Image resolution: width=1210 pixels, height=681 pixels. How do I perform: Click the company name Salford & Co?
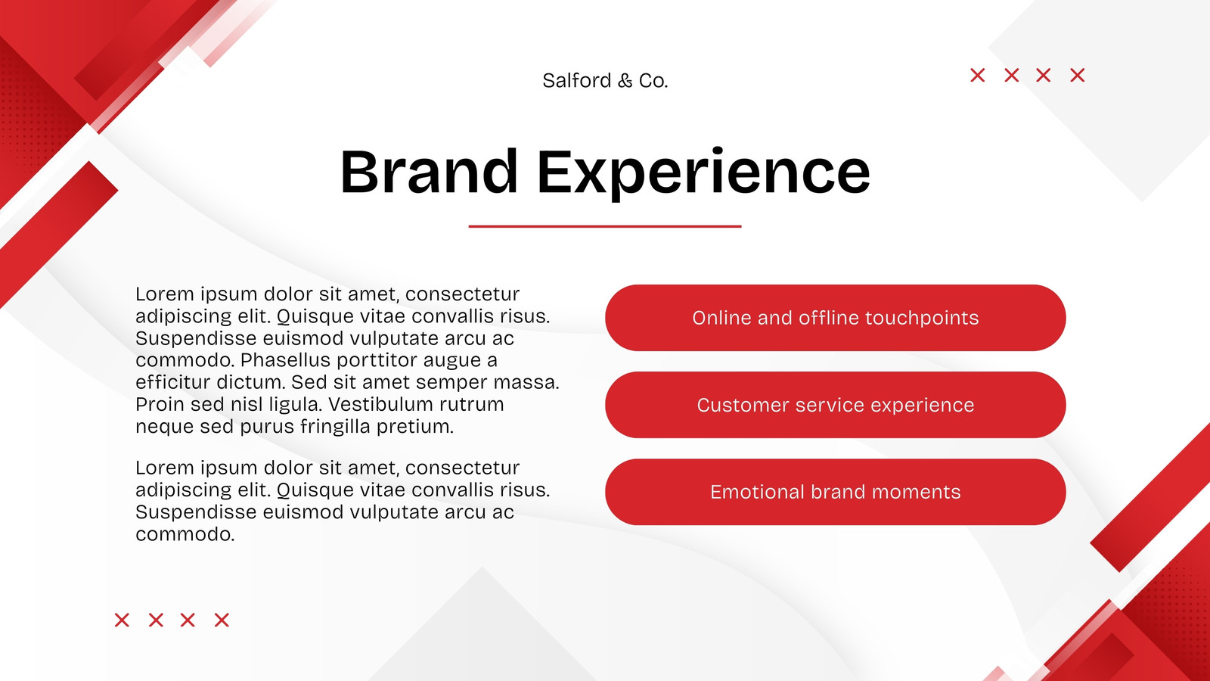(x=605, y=80)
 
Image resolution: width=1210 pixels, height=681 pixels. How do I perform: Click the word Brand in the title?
(x=429, y=171)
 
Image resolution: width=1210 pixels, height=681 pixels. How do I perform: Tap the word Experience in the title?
(x=703, y=174)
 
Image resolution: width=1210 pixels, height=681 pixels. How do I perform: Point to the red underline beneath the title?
(x=605, y=226)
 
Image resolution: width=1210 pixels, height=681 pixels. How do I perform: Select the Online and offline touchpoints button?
(x=835, y=318)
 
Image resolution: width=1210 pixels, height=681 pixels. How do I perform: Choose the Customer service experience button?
(x=835, y=405)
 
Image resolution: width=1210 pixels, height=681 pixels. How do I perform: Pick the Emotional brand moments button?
(x=835, y=492)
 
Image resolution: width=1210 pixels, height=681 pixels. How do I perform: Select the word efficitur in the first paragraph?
(x=173, y=382)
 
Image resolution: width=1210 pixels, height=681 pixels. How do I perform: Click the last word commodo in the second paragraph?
(x=185, y=534)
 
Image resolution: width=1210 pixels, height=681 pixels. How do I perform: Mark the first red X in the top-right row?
(x=978, y=75)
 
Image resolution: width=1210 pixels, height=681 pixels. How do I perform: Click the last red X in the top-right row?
(x=1078, y=75)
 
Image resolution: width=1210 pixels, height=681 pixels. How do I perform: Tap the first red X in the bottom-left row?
(x=122, y=620)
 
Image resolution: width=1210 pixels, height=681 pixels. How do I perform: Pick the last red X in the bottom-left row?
(x=222, y=620)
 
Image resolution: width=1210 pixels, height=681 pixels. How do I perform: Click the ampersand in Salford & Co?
(x=625, y=81)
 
